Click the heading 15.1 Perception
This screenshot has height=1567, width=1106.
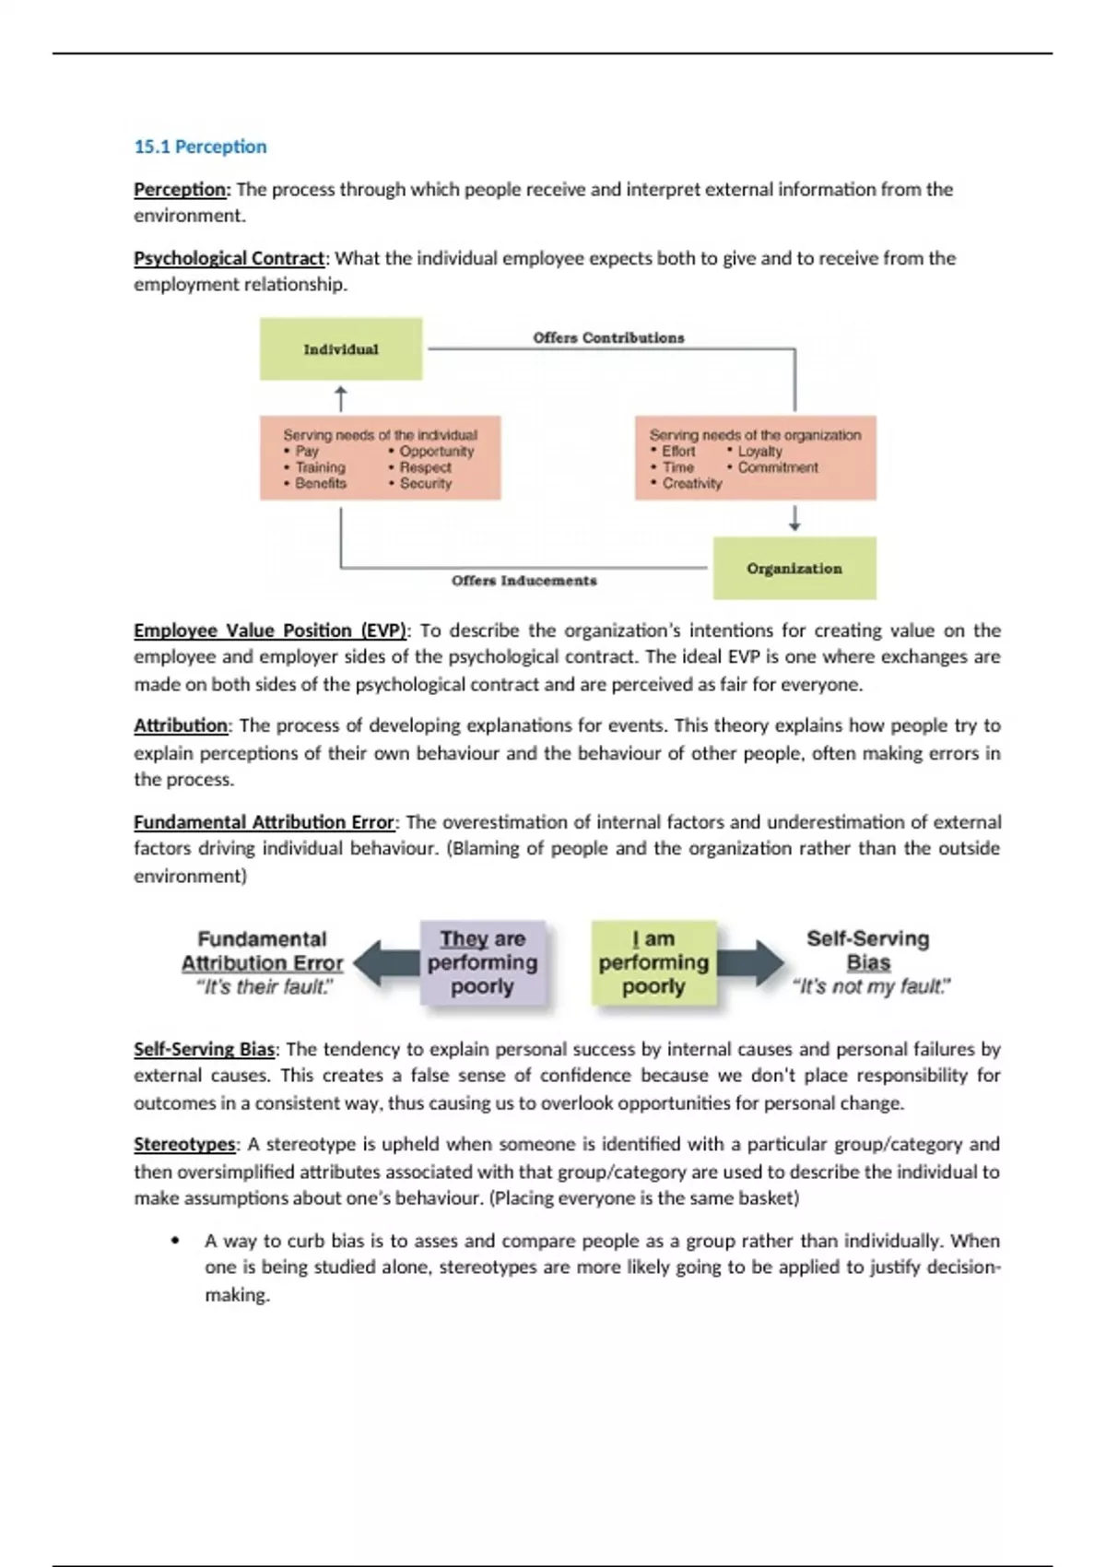pyautogui.click(x=200, y=147)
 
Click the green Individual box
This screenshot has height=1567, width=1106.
pyautogui.click(x=341, y=349)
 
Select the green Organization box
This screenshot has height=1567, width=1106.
pyautogui.click(x=794, y=569)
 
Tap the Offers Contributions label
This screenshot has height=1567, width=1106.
pyautogui.click(x=608, y=337)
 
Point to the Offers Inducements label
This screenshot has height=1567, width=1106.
pyautogui.click(x=524, y=581)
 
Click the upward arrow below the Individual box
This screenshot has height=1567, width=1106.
pyautogui.click(x=341, y=399)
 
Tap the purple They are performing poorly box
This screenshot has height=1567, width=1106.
pyautogui.click(x=482, y=962)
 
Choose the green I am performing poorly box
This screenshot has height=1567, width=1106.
pyautogui.click(x=653, y=962)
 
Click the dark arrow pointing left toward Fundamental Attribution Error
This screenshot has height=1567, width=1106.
pyautogui.click(x=385, y=963)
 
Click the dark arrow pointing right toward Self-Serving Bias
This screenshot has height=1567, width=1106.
pyautogui.click(x=750, y=963)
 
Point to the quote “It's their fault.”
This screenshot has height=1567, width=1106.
pyautogui.click(x=265, y=987)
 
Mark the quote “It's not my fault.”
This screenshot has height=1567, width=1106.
pyautogui.click(x=871, y=987)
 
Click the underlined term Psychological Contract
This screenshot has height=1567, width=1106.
pyautogui.click(x=229, y=258)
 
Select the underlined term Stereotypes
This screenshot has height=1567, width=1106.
pyautogui.click(x=184, y=1145)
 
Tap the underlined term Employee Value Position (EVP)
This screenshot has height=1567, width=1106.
pyautogui.click(x=269, y=630)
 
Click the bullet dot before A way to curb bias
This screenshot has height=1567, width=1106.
pyautogui.click(x=175, y=1241)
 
